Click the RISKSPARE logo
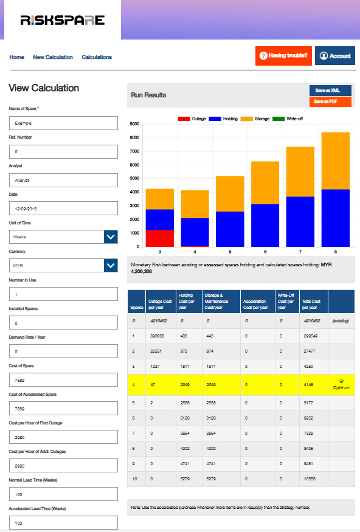point(62,20)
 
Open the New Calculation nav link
point(53,57)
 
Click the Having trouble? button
point(283,56)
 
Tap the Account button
point(334,56)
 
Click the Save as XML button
point(330,90)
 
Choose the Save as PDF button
point(330,102)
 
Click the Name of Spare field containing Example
point(63,123)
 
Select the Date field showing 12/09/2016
point(63,209)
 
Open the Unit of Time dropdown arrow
point(111,237)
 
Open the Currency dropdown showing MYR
point(63,266)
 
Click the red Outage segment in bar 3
point(160,238)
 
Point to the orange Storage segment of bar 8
point(336,161)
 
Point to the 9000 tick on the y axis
point(135,124)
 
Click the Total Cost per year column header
point(314,302)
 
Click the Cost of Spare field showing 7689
point(63,380)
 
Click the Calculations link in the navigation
point(97,57)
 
